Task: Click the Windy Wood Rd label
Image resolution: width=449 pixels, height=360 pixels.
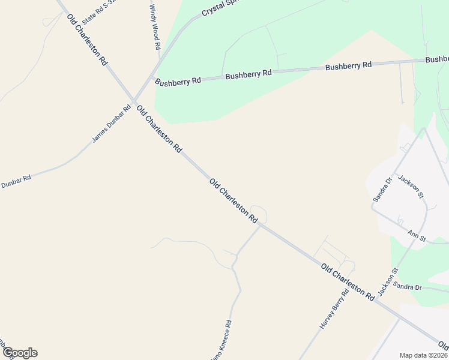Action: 154,26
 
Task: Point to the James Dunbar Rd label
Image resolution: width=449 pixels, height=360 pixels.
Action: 112,124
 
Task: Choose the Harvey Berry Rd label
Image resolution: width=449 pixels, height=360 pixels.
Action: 334,310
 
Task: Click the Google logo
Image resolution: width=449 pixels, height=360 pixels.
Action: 20,353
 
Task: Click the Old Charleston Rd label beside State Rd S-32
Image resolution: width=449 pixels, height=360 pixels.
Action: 87,40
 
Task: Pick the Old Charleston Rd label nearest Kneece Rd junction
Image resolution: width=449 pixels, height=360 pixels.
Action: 234,201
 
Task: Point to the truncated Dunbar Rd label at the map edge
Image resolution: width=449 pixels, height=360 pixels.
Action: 16,182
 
